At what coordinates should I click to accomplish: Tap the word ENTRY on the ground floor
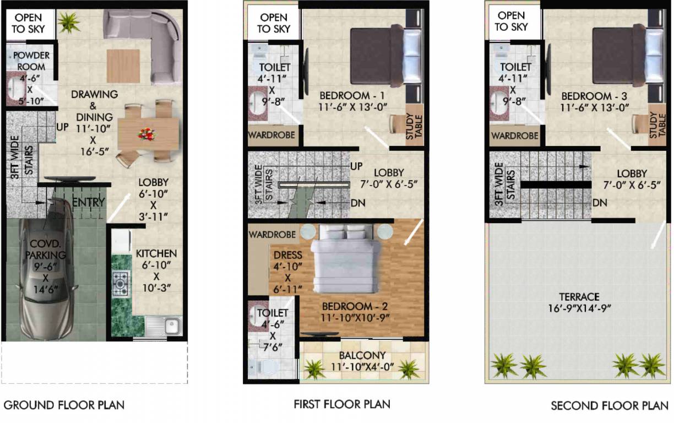pyautogui.click(x=88, y=203)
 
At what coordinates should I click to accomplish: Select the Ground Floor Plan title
pyautogui.click(x=64, y=405)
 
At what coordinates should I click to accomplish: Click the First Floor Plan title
pyautogui.click(x=341, y=404)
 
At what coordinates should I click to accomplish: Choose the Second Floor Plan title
pyautogui.click(x=610, y=406)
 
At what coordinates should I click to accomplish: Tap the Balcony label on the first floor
pyautogui.click(x=362, y=356)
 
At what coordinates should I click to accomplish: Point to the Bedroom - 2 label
pyautogui.click(x=347, y=306)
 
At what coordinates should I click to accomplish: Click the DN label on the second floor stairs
pyautogui.click(x=600, y=203)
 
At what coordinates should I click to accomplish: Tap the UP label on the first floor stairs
pyautogui.click(x=357, y=166)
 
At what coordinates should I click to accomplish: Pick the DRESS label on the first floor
pyautogui.click(x=287, y=255)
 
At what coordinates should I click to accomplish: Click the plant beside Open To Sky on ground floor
pyautogui.click(x=69, y=23)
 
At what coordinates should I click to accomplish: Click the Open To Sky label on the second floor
pyautogui.click(x=511, y=21)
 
